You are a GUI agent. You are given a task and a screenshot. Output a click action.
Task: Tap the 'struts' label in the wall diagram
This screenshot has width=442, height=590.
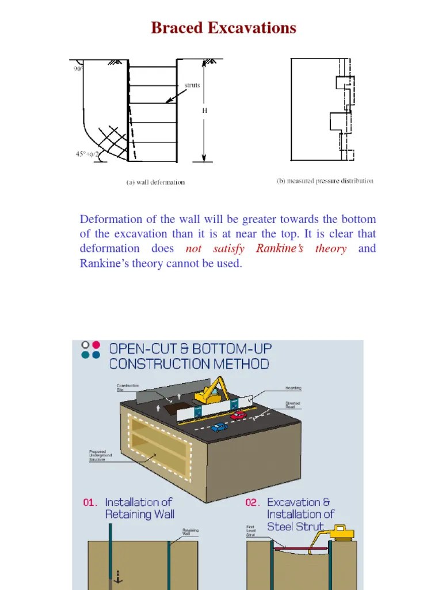point(192,85)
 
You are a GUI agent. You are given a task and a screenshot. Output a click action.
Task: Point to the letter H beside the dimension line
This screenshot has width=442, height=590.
point(204,111)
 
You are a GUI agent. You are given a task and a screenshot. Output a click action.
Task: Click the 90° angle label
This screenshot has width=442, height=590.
point(78,68)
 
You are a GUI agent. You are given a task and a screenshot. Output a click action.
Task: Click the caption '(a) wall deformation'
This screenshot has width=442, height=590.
point(155,182)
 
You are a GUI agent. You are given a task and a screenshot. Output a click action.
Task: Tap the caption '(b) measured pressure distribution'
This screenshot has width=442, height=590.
point(325,181)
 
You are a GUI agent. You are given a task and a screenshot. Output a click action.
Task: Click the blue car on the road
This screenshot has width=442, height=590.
point(218,427)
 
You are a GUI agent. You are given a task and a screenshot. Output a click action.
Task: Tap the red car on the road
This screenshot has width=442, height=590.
point(238,415)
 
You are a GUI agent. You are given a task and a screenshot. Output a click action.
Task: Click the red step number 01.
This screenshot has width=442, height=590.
point(90,502)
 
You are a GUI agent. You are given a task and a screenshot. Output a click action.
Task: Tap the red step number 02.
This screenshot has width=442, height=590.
point(253,502)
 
